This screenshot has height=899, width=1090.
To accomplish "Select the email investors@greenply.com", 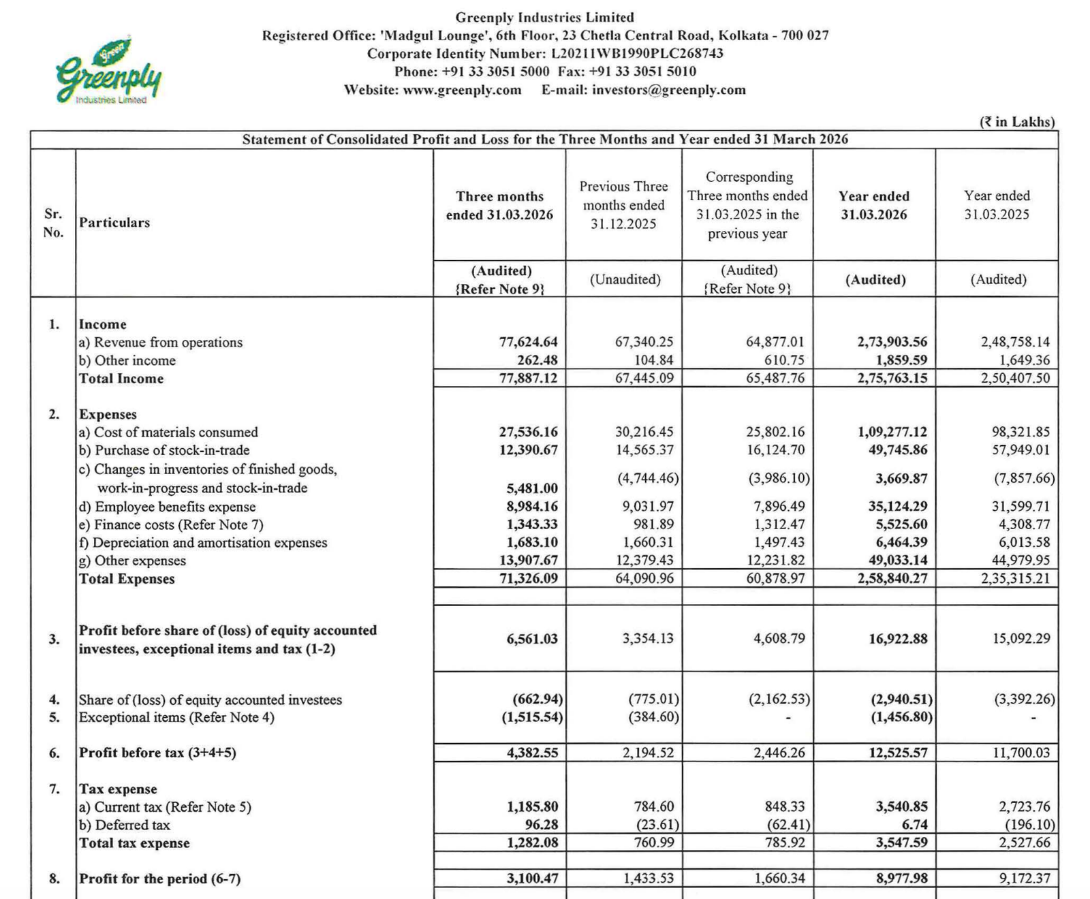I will [x=668, y=90].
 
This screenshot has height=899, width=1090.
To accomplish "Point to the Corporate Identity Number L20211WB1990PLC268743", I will [x=637, y=54].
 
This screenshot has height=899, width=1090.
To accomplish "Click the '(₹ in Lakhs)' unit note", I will [x=1017, y=122].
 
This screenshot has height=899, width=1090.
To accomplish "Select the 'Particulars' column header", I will [x=114, y=223].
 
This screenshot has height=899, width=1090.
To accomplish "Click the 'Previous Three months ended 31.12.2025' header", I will [x=623, y=205].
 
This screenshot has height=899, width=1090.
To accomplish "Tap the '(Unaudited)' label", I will [x=625, y=279].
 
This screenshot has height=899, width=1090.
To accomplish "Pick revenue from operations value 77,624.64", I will [x=528, y=342].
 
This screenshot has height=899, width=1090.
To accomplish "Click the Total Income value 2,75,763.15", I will [x=892, y=378].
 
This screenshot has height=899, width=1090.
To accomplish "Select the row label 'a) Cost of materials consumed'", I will [x=169, y=432].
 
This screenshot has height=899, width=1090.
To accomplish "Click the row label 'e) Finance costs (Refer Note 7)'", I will [x=171, y=524].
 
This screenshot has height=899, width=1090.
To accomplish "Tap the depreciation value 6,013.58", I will [x=1020, y=542].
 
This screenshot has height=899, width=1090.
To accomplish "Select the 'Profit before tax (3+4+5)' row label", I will [x=157, y=753].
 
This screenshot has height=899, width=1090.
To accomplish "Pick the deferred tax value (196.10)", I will [x=1029, y=825].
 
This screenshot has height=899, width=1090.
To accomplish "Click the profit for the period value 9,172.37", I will [x=1024, y=879].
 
